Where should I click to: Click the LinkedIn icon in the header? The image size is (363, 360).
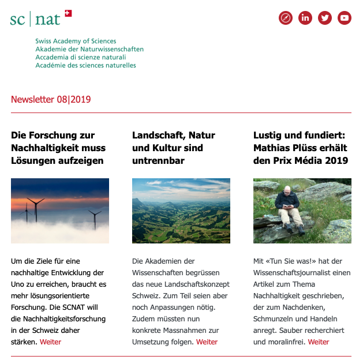point(305,18)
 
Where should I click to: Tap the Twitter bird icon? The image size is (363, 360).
point(325,18)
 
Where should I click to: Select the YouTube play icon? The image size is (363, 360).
point(345,18)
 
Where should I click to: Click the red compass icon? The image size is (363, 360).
point(286,18)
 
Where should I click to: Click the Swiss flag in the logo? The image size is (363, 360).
point(68,13)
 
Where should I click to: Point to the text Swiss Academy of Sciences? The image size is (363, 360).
point(76,42)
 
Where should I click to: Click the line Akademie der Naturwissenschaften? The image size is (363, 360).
point(89,50)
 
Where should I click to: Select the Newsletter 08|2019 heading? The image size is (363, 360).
point(51,100)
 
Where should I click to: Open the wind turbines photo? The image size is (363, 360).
point(60,211)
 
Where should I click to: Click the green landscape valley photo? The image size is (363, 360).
point(181,211)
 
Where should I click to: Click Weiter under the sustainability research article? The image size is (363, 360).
point(50,342)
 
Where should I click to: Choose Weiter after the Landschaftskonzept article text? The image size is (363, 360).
point(207,342)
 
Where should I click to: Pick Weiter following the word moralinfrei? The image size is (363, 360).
point(319,342)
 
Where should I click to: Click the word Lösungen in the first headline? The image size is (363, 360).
point(29,160)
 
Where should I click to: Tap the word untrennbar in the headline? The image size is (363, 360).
point(158,160)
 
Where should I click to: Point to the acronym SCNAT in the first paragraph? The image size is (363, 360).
point(80,307)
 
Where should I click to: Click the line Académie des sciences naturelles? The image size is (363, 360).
point(85,66)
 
